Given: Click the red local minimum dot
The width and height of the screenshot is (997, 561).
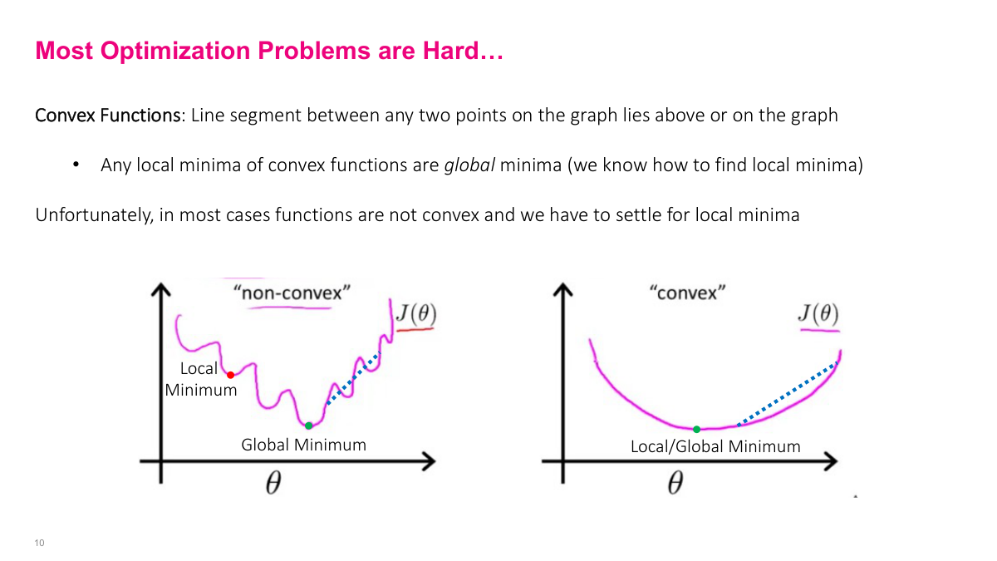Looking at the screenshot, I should [x=230, y=376].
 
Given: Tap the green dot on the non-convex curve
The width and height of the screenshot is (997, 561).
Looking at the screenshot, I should [x=308, y=426].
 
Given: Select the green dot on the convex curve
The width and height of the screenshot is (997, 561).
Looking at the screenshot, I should [x=696, y=429].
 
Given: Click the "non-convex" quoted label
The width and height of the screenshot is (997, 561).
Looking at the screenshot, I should [x=292, y=293].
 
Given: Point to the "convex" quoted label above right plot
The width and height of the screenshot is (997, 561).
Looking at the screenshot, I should [x=687, y=293].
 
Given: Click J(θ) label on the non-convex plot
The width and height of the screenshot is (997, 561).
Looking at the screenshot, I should [x=415, y=315].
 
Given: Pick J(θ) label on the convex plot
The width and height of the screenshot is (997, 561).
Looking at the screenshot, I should [x=818, y=314].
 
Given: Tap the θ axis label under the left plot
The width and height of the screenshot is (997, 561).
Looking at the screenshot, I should [x=273, y=485].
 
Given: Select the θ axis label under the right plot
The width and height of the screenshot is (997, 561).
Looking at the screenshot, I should [x=675, y=484].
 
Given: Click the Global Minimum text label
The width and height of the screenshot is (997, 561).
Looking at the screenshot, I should [x=303, y=445].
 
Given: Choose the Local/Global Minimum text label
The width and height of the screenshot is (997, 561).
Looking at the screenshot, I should [x=715, y=446].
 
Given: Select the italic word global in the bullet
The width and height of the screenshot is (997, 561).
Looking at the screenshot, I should [x=469, y=165].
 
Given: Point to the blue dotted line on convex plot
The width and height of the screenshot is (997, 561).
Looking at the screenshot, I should [x=785, y=395].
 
